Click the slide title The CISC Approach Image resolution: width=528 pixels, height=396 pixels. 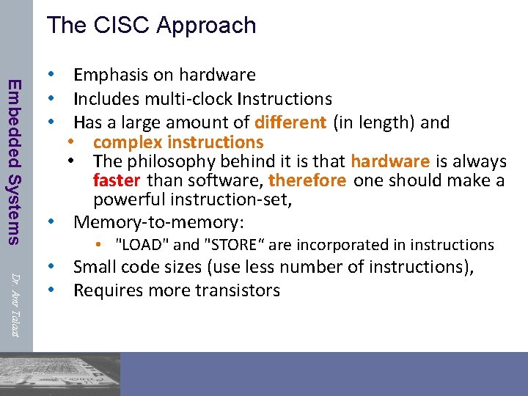[x=152, y=25]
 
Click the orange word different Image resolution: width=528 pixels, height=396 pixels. [x=290, y=122]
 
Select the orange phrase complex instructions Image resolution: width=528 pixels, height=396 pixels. [x=177, y=142]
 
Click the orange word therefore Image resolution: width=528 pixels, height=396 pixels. [x=308, y=180]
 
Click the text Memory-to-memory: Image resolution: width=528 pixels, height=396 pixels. [x=158, y=222]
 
